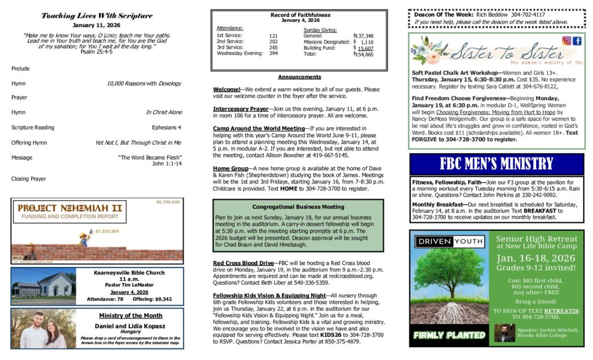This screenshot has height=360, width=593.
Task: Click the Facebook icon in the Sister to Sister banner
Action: click(x=577, y=41)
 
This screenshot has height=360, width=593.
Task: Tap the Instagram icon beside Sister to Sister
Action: click(x=567, y=41)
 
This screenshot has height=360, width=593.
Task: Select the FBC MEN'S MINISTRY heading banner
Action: click(x=496, y=164)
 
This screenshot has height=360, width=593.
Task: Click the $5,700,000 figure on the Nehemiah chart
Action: click(x=168, y=203)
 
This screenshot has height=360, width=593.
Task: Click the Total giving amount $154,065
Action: click(x=364, y=54)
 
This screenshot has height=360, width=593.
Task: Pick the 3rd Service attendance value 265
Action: click(x=273, y=47)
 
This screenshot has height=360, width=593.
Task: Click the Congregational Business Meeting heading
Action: click(x=298, y=207)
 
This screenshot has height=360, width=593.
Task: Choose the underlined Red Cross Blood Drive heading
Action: click(x=243, y=263)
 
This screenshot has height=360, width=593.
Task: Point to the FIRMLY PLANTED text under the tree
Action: click(x=449, y=335)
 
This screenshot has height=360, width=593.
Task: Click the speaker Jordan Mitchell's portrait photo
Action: click(x=504, y=332)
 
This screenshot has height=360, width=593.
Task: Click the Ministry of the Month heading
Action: click(x=130, y=315)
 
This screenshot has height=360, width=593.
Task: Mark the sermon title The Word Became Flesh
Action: click(x=150, y=157)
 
